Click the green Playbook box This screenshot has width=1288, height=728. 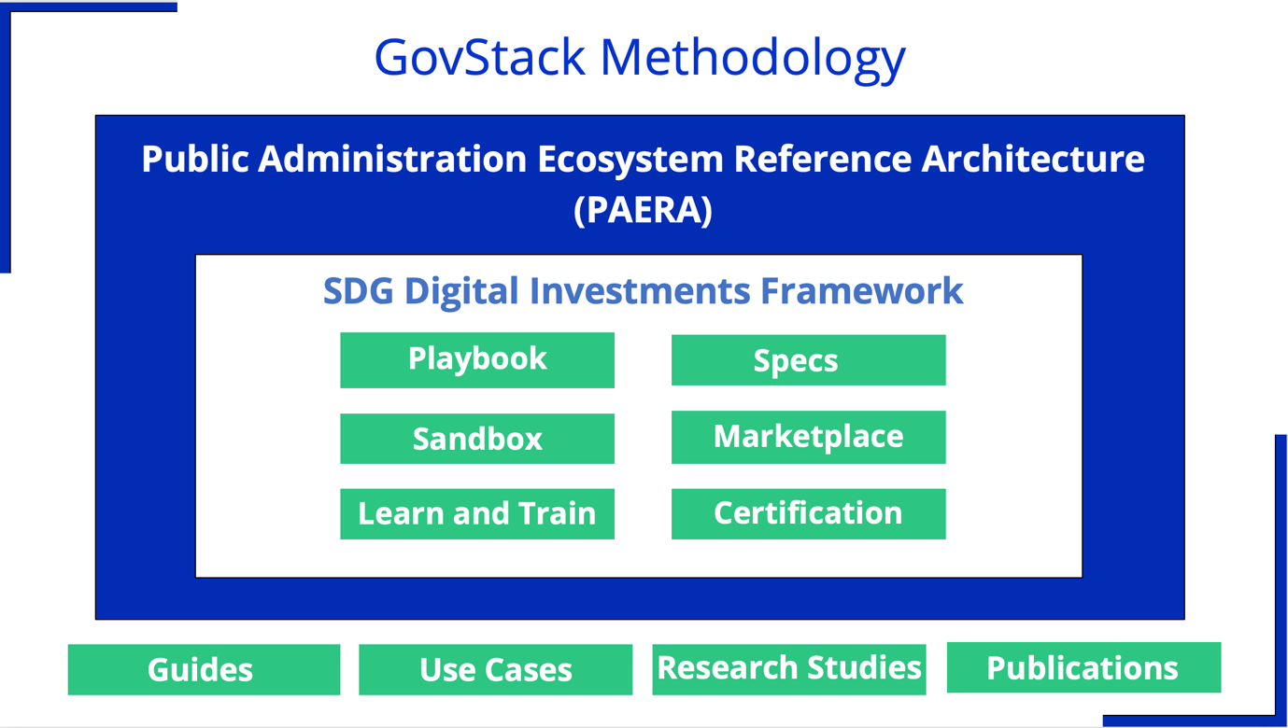(477, 360)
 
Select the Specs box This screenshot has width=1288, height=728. (809, 360)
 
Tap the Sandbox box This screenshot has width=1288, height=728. (477, 439)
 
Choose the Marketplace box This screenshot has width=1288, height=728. (809, 437)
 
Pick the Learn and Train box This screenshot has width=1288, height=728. (477, 514)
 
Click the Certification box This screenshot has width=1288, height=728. (809, 514)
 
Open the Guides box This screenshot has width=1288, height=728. (205, 670)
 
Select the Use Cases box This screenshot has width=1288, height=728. (496, 670)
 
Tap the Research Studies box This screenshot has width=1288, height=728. (789, 670)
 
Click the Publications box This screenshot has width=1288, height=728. (1083, 667)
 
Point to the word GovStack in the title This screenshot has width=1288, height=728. (480, 58)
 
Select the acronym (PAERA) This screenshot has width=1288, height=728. (643, 210)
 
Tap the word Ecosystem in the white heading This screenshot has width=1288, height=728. (630, 160)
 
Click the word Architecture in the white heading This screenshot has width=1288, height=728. (1033, 159)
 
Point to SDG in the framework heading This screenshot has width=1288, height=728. (359, 291)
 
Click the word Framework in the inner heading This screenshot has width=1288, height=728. (862, 291)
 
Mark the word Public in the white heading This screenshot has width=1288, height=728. (195, 159)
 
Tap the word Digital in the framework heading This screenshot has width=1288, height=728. (461, 292)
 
